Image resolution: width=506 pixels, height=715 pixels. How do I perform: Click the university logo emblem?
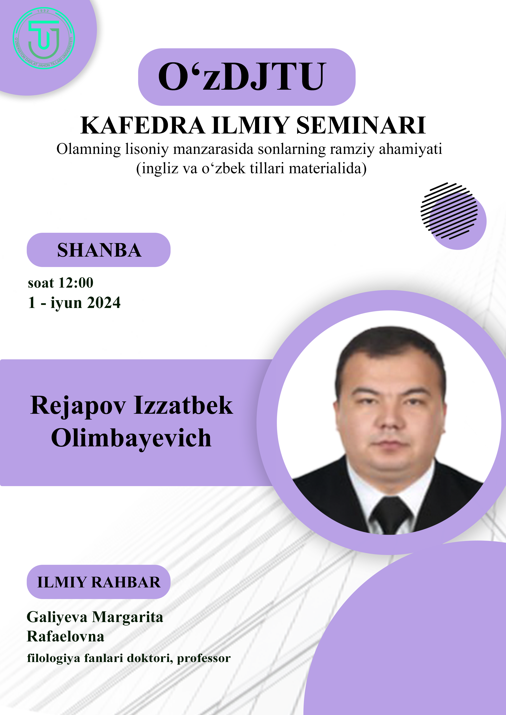pyautogui.click(x=44, y=38)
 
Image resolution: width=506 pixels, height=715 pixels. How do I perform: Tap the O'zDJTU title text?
pyautogui.click(x=242, y=77)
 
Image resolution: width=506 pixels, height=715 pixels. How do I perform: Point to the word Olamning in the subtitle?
pyautogui.click(x=89, y=149)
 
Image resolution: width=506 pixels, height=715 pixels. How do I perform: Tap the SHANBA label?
pyautogui.click(x=99, y=250)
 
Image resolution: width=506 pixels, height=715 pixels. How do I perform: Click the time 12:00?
pyautogui.click(x=76, y=283)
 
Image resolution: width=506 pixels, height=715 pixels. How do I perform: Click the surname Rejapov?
pyautogui.click(x=78, y=406)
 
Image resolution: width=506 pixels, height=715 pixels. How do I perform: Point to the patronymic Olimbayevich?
pyautogui.click(x=131, y=438)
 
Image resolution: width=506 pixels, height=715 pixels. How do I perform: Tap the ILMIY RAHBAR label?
pyautogui.click(x=99, y=582)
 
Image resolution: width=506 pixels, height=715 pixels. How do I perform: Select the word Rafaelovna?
pyautogui.click(x=65, y=636)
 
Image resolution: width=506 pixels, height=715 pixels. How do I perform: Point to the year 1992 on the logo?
pyautogui.click(x=43, y=11)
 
